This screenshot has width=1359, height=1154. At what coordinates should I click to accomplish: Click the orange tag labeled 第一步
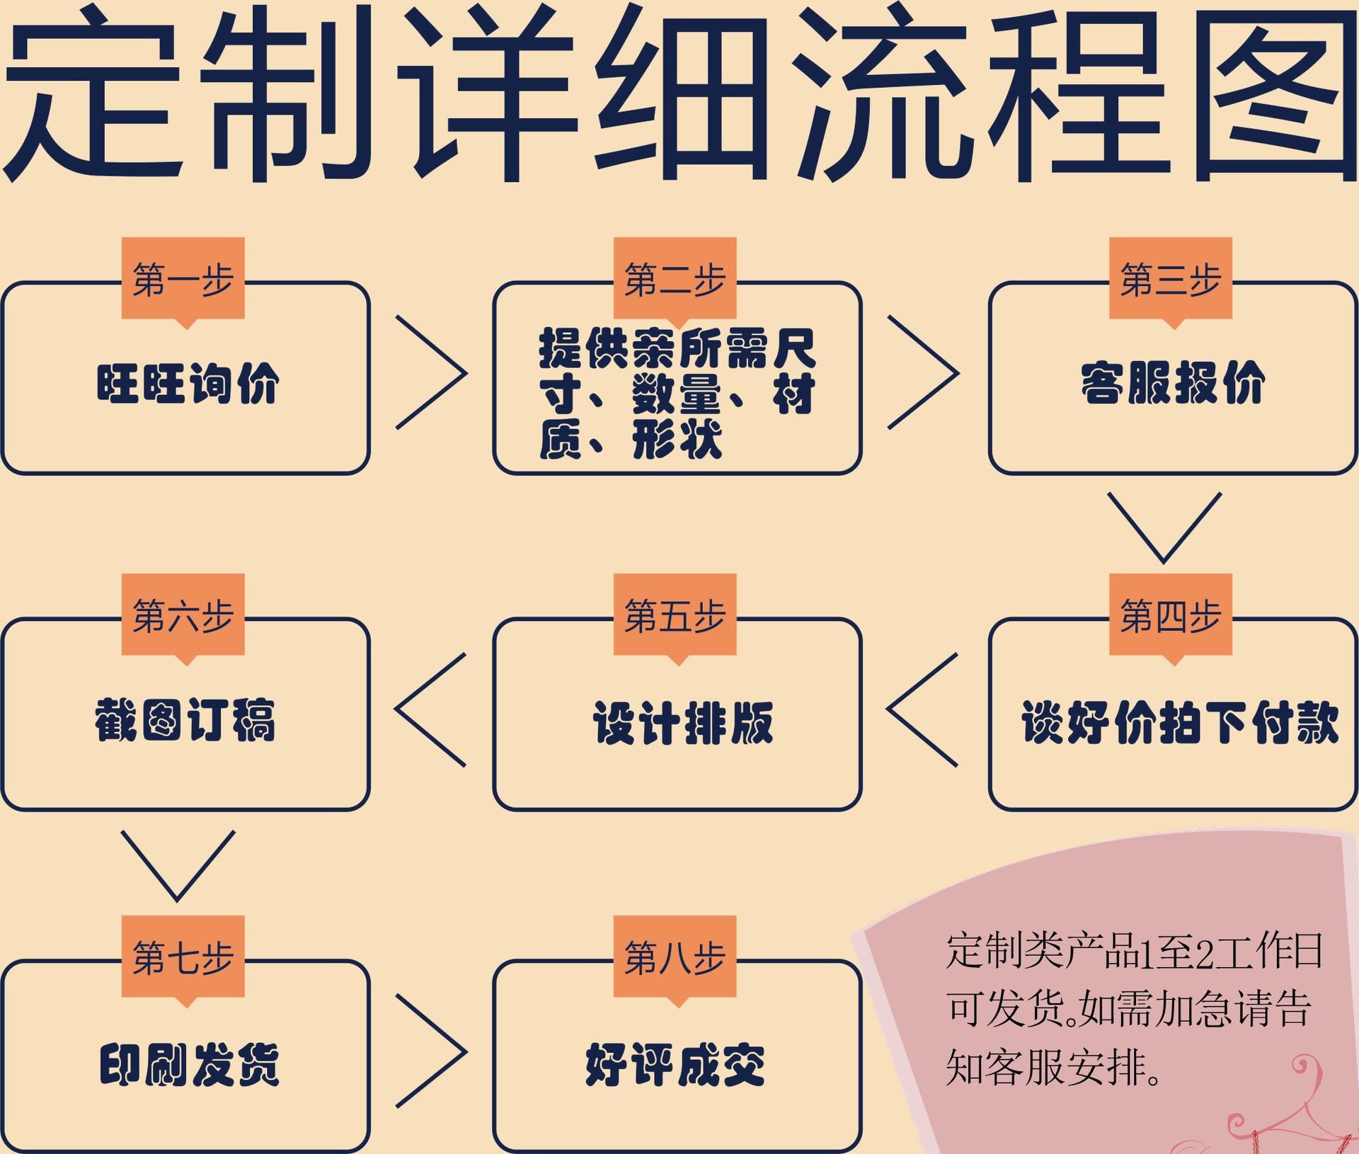183,279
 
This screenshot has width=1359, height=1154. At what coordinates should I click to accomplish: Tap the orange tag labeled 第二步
675,279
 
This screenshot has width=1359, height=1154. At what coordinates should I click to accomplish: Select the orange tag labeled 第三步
1170,279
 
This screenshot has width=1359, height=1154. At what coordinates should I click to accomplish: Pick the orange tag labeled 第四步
1170,615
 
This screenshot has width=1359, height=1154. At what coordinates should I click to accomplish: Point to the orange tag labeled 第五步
675,615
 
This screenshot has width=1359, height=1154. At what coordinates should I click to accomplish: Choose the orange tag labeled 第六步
183,615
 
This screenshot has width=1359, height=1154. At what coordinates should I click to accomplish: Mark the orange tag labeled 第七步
183,957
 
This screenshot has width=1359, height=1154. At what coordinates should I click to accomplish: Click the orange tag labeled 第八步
675,957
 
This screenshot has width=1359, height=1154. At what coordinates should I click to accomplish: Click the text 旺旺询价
188,384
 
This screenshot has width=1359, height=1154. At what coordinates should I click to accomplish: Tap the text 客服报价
1172,384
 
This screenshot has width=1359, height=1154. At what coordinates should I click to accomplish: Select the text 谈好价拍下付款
1179,722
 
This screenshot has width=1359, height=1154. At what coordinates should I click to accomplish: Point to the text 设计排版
683,722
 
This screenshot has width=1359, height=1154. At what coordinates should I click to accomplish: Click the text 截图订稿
185,720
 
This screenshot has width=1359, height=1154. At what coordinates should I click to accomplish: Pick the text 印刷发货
189,1064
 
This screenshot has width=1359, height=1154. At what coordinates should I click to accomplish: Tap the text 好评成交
675,1064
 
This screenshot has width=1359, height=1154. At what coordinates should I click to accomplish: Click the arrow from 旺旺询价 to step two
432,372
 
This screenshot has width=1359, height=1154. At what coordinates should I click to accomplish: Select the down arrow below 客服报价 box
1164,527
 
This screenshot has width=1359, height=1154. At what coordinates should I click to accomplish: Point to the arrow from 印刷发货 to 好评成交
432,1051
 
